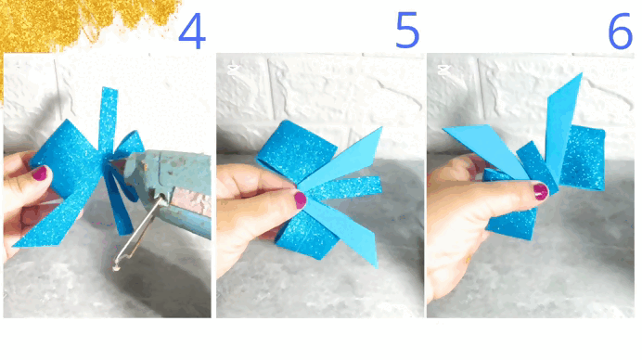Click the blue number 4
tap(192, 31)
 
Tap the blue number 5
tap(407, 30)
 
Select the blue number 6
tap(621, 31)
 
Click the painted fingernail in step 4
tap(40, 174)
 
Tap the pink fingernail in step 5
tap(300, 199)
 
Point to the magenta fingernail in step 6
tap(541, 191)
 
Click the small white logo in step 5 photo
tap(234, 69)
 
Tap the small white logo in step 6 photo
tap(443, 70)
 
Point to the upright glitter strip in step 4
tap(108, 119)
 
